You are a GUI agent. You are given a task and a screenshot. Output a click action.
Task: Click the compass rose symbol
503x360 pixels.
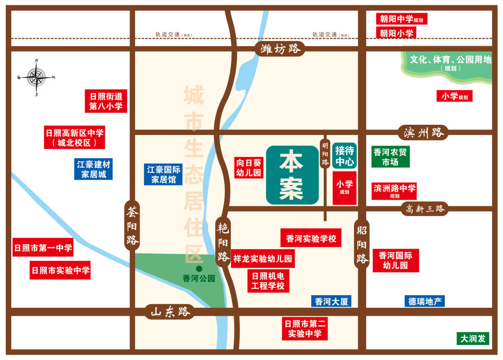(36, 77)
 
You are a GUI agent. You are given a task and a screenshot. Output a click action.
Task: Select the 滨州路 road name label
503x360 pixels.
(423, 133)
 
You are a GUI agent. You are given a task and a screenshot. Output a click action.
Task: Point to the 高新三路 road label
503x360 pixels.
(424, 209)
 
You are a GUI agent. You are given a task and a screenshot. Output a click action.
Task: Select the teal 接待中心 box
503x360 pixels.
(345, 156)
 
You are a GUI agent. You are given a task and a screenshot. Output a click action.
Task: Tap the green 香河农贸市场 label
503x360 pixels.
(390, 157)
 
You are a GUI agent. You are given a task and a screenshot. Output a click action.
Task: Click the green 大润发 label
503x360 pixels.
(473, 339)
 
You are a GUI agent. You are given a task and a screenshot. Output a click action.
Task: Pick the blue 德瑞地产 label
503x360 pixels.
(424, 301)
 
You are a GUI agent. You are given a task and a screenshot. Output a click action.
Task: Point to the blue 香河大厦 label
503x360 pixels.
(331, 301)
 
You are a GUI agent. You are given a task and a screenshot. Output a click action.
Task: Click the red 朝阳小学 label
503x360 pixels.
(396, 33)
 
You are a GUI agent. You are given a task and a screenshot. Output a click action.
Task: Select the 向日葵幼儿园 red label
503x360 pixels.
(249, 168)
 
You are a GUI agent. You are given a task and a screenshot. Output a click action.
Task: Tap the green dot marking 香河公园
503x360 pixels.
(199, 269)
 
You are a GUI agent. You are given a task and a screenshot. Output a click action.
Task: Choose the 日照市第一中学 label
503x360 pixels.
(43, 248)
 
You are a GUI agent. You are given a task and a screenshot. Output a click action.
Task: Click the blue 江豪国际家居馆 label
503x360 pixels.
(163, 174)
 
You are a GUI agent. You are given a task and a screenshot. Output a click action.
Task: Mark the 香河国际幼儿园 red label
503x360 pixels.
(395, 260)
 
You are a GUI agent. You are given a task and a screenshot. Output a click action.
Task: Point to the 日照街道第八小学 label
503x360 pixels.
(106, 101)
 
